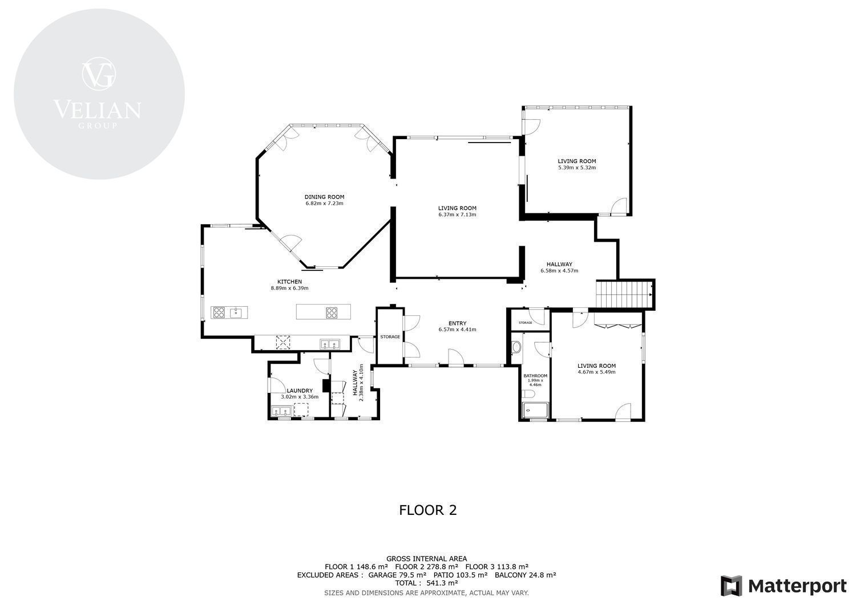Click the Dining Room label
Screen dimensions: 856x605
click(324, 197)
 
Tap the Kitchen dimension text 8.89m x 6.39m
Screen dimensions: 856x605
click(289, 289)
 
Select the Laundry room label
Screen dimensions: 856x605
click(300, 391)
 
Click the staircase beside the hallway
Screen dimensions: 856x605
click(624, 294)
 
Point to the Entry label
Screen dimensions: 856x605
click(458, 323)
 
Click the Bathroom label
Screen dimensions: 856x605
click(535, 376)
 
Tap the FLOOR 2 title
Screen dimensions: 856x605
click(427, 510)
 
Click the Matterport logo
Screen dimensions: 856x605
click(784, 586)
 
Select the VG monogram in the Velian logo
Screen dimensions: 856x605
click(99, 74)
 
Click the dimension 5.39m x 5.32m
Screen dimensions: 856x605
click(576, 168)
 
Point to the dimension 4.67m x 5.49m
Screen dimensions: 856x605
click(596, 372)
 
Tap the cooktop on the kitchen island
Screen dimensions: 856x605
click(332, 313)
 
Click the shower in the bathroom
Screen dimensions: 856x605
click(535, 411)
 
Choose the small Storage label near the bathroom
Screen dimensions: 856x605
click(526, 323)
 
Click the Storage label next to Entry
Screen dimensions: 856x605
click(390, 337)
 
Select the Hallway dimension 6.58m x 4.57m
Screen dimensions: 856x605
click(559, 271)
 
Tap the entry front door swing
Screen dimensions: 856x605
click(456, 357)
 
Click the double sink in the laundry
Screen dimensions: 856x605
click(282, 411)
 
